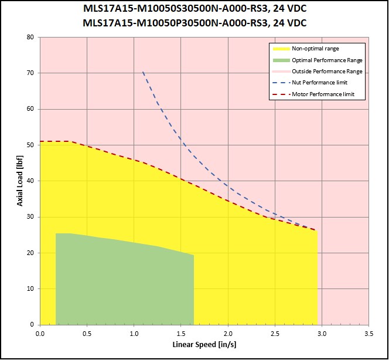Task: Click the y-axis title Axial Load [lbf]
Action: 20,181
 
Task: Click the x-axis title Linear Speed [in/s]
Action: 204,344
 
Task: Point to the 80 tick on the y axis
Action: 29,37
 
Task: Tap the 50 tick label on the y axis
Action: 29,145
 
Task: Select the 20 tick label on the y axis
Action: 29,253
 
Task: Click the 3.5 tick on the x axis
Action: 368,333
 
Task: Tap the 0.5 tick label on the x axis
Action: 87,333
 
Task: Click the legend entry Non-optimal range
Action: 315,49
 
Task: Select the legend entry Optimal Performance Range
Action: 327,60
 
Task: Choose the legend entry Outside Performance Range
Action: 327,71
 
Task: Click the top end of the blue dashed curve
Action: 143,72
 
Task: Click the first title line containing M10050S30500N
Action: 194,10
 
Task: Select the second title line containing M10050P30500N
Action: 194,23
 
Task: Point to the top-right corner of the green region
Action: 193,255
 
